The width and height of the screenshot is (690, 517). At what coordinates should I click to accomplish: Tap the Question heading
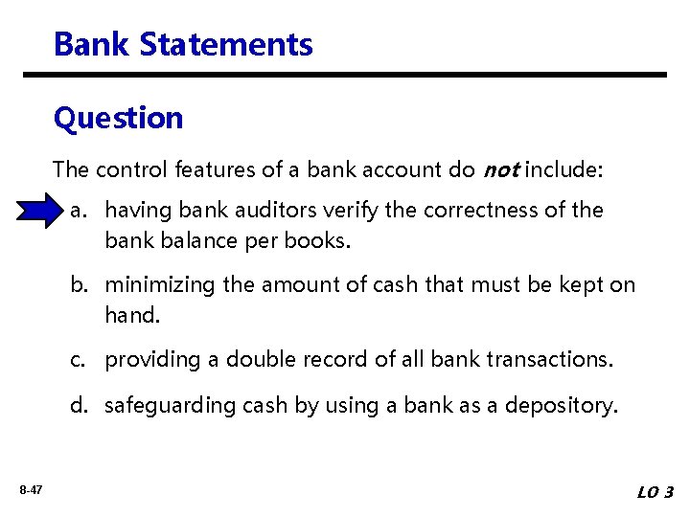point(118,118)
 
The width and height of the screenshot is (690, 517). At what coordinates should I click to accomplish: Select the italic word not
point(501,170)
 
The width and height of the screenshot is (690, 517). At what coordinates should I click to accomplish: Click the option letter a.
point(79,210)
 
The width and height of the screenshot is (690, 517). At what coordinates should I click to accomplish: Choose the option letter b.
point(79,284)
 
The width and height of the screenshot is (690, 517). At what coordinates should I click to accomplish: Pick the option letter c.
point(79,359)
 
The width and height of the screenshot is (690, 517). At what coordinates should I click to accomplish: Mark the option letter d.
point(79,405)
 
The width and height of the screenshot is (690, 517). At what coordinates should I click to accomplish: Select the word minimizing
point(159,284)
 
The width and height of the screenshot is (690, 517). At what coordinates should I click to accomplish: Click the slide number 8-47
point(30,490)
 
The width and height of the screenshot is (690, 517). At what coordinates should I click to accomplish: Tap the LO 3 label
point(655,492)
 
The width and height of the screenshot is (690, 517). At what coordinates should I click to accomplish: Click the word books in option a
point(321,240)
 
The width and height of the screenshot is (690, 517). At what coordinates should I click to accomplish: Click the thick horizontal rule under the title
point(345,75)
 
